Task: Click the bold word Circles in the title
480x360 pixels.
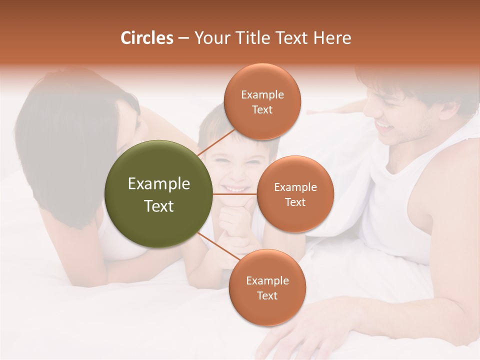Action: (146, 38)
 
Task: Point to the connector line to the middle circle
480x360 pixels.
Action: (234, 193)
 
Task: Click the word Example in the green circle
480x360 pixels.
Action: (158, 184)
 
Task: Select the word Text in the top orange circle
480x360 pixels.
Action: (262, 109)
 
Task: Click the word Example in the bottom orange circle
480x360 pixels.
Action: (267, 280)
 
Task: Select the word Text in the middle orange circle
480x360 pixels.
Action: (295, 202)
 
